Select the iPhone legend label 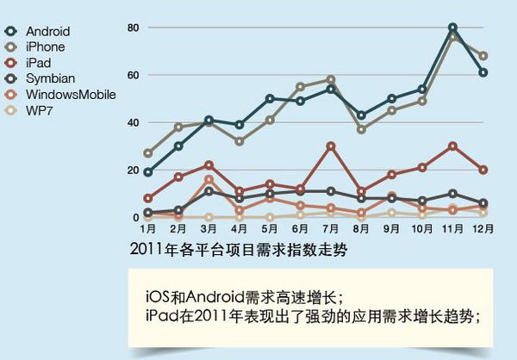(x=45, y=47)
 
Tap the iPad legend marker (x=11, y=63)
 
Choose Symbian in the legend (x=51, y=78)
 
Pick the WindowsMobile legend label (x=71, y=95)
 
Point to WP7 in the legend (x=40, y=110)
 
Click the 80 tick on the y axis (x=134, y=28)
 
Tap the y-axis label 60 (x=134, y=75)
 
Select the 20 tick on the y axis (x=134, y=171)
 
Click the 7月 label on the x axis (x=331, y=229)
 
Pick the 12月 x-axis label (x=483, y=229)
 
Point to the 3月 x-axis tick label (x=209, y=229)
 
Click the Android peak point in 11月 (x=453, y=28)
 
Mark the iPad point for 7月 (x=331, y=146)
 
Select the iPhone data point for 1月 (x=148, y=153)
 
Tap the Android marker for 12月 (x=483, y=72)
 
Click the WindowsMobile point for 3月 (x=209, y=180)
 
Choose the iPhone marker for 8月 (x=361, y=130)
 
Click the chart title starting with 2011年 (x=239, y=250)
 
